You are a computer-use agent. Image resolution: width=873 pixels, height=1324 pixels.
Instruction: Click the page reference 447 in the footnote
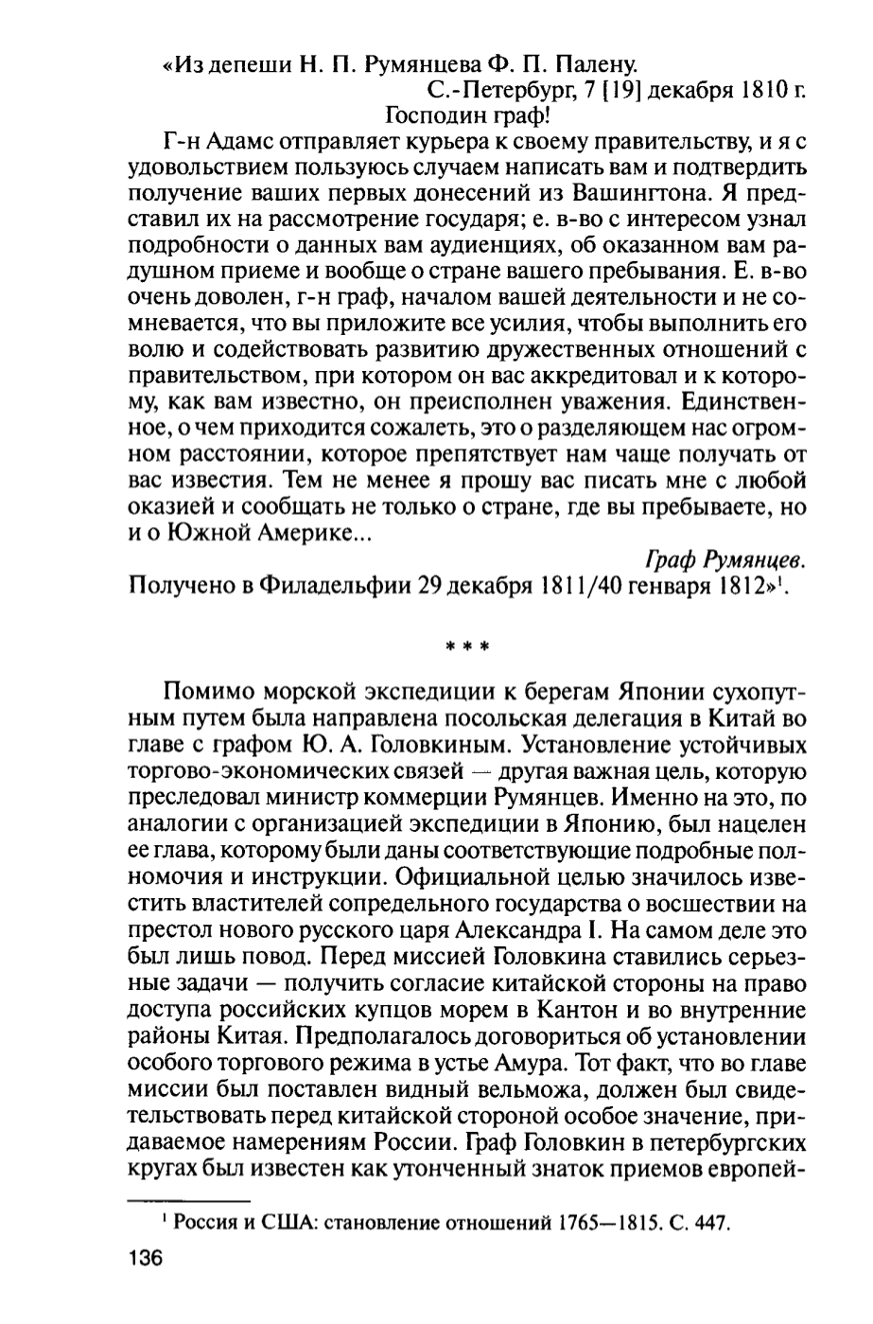(712, 1223)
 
